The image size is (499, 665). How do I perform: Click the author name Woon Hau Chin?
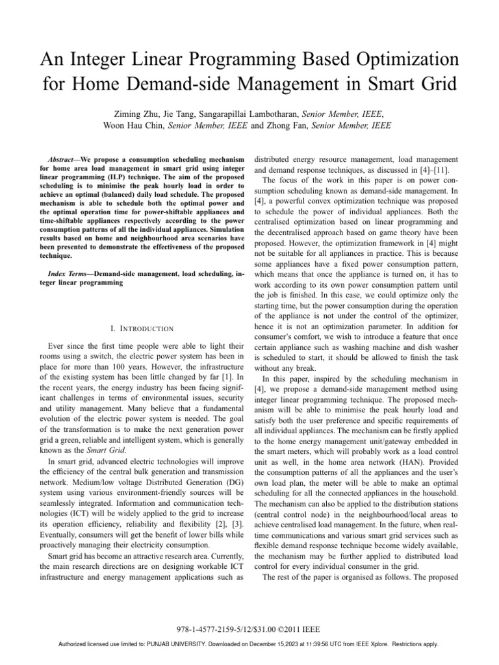pyautogui.click(x=133, y=125)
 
